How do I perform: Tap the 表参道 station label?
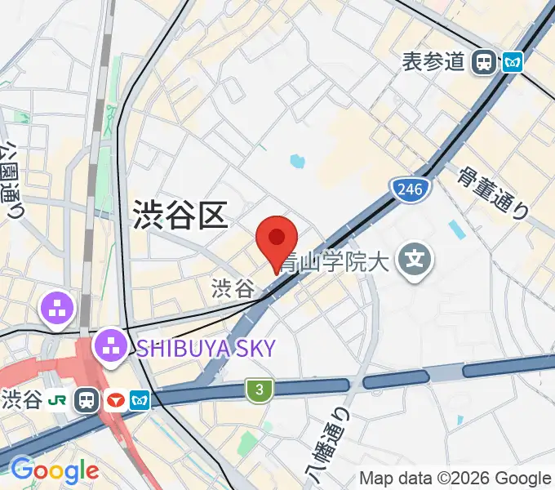pyautogui.click(x=433, y=61)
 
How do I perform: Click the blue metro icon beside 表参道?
pyautogui.click(x=513, y=61)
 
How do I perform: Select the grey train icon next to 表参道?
pyautogui.click(x=486, y=61)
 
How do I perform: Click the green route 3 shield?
pyautogui.click(x=260, y=391)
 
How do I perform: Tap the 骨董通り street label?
pyautogui.click(x=492, y=194)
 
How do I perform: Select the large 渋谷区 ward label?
pyautogui.click(x=178, y=216)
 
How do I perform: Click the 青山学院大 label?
pyautogui.click(x=335, y=262)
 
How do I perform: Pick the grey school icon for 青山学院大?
pyautogui.click(x=415, y=261)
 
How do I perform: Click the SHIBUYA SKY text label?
pyautogui.click(x=205, y=348)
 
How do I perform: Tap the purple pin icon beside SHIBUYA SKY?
pyautogui.click(x=110, y=346)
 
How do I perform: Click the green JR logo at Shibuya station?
pyautogui.click(x=58, y=399)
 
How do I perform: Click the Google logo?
pyautogui.click(x=54, y=470)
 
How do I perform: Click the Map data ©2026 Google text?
pyautogui.click(x=455, y=479)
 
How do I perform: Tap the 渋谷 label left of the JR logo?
pyautogui.click(x=22, y=400)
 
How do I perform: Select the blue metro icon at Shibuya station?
pyautogui.click(x=141, y=400)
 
